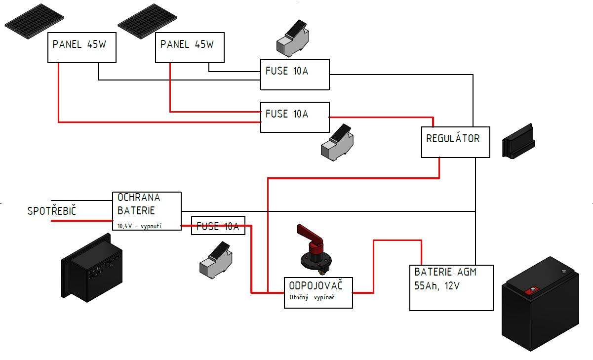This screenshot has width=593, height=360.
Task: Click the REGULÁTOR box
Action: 455,142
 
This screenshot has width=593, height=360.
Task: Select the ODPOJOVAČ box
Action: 318,293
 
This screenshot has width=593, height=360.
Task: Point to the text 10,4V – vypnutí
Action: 140,226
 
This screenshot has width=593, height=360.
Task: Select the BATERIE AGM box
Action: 451,288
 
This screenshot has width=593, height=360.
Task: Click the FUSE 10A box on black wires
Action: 295,75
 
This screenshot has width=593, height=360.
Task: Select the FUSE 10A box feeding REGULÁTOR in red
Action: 295,118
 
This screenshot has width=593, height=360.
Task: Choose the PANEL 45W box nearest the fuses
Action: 190,48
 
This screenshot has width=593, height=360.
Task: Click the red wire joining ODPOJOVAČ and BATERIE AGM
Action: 373,262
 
